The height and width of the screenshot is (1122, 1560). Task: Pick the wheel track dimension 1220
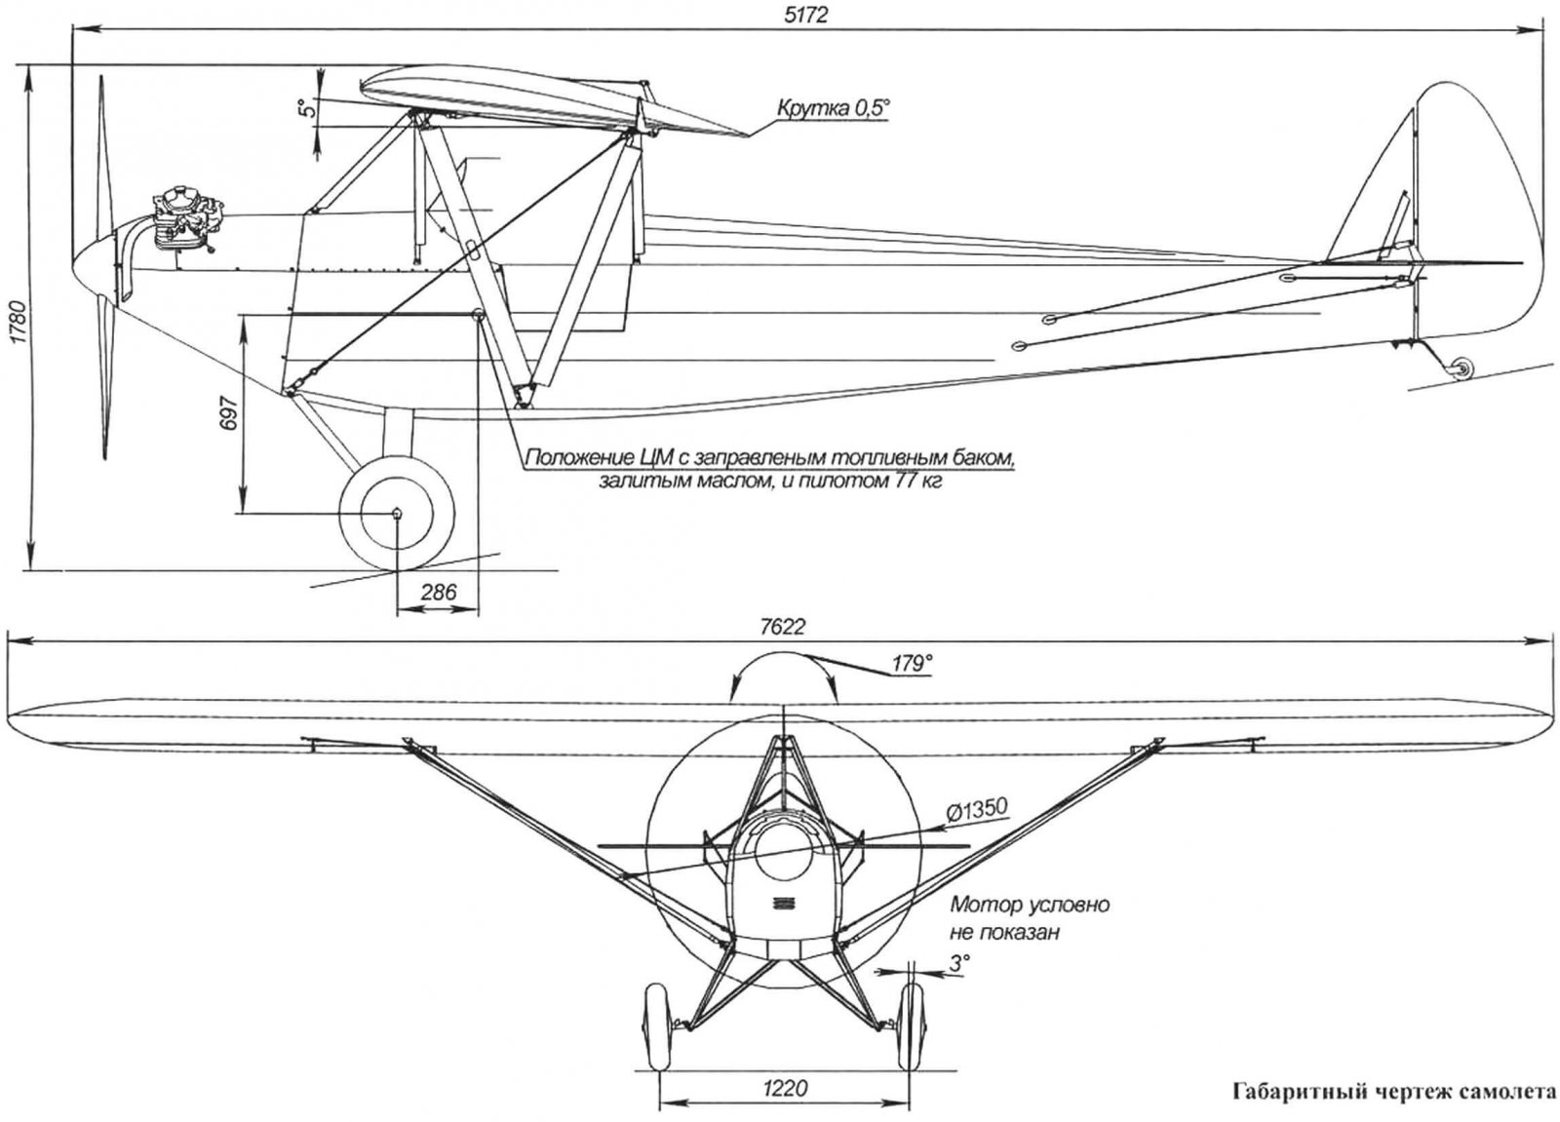786,1087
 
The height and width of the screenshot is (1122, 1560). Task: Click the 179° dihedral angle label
911,664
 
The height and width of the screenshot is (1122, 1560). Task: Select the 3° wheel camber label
959,963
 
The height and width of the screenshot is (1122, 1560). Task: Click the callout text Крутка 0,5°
833,108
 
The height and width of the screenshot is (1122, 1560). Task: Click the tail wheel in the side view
1460,368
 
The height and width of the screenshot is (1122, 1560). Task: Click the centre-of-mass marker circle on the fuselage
477,314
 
